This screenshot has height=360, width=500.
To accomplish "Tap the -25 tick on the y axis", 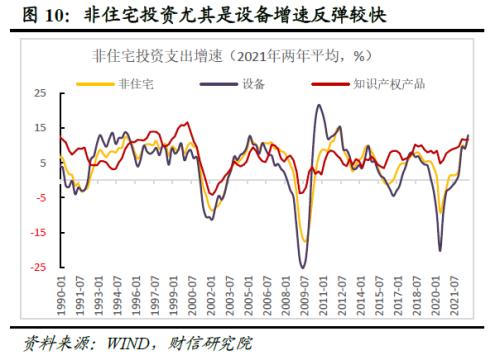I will click(x=37, y=268).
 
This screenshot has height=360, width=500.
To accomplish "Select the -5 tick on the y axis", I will click(x=40, y=198).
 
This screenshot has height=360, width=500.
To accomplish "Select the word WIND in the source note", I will click(x=119, y=343).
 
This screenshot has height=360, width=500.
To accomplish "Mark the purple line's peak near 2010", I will click(x=320, y=105).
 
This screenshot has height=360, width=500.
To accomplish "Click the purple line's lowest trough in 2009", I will click(x=303, y=266).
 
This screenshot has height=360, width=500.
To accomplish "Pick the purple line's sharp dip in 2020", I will click(x=441, y=250).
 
